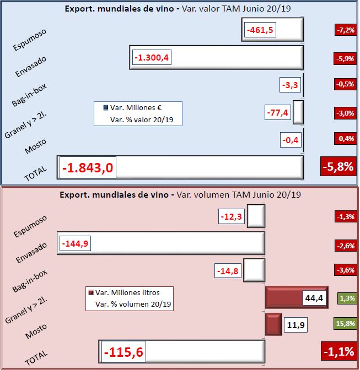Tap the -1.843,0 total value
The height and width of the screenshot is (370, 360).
88,167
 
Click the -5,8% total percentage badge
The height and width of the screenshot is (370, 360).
337,166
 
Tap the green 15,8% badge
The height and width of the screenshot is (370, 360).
345,324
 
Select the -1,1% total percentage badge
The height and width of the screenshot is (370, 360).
337,351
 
